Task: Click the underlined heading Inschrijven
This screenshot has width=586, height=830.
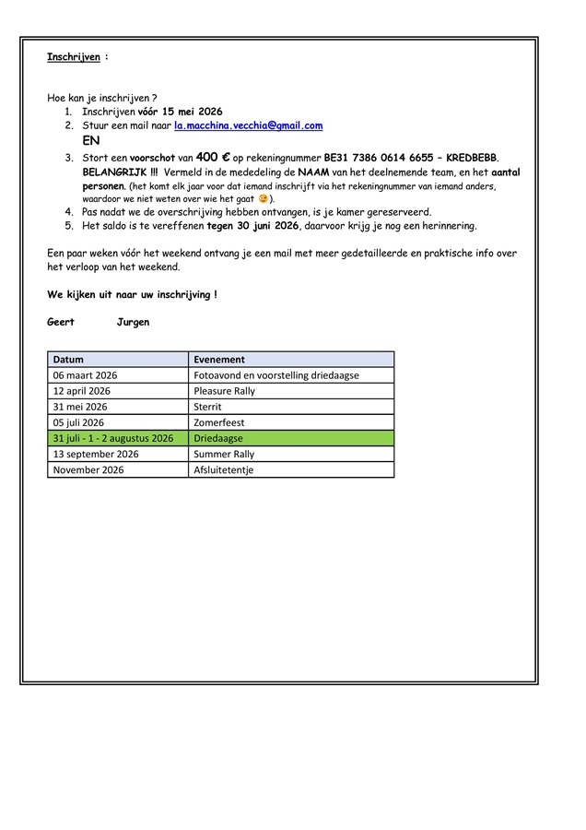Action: tap(73, 57)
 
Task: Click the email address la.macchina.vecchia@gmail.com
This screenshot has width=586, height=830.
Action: tap(248, 125)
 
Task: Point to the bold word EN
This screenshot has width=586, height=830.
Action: tap(91, 141)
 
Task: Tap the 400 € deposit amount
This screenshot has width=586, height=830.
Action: tap(213, 158)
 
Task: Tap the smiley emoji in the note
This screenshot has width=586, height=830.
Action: tap(264, 198)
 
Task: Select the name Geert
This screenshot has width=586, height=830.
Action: tap(61, 322)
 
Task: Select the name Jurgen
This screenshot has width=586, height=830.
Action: tap(133, 322)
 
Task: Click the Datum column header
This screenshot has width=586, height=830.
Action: tap(68, 360)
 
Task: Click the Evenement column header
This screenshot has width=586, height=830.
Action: tap(219, 360)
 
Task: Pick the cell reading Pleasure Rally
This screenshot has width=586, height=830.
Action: tap(225, 391)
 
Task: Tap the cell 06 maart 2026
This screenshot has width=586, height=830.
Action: tap(86, 375)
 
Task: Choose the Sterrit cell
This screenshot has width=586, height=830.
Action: tap(209, 407)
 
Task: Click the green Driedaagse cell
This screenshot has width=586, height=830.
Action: tap(218, 438)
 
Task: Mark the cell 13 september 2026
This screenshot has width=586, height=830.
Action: tap(96, 454)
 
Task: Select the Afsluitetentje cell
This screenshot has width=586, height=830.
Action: tap(223, 469)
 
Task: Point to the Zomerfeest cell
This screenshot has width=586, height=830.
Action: tap(219, 422)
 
